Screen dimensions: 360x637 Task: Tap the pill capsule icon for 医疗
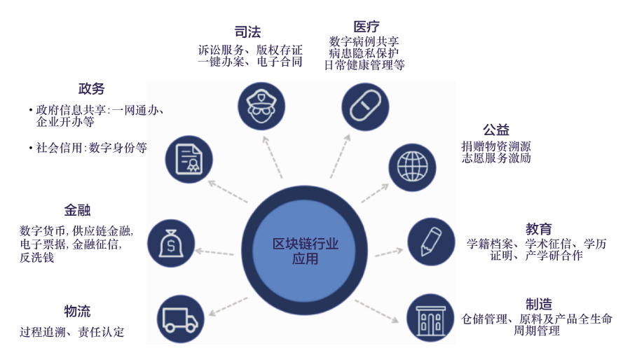[x=364, y=106]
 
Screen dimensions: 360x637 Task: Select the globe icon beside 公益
[x=411, y=165]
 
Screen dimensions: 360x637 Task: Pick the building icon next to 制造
[x=430, y=317]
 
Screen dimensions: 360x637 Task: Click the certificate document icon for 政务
[x=189, y=158]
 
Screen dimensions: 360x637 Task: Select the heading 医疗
[x=367, y=27]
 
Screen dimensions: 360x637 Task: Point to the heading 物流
[x=77, y=311]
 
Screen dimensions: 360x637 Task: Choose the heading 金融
[x=77, y=210]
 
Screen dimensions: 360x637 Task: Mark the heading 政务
[x=91, y=89]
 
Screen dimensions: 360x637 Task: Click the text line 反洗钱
[x=37, y=258]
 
